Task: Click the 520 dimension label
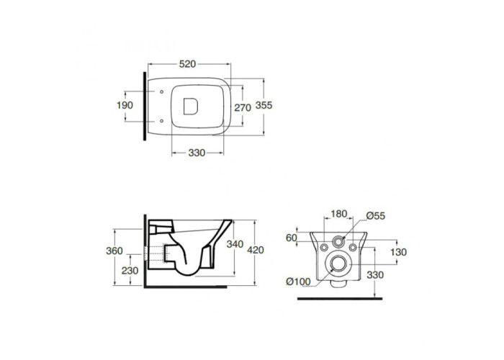(x=187, y=64)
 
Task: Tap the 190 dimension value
(x=125, y=105)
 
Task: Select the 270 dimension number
(x=243, y=108)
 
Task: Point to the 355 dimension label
(x=264, y=105)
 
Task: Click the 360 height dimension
(x=114, y=251)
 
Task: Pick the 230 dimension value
(x=130, y=271)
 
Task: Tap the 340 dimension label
(x=235, y=244)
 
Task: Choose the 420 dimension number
(x=256, y=250)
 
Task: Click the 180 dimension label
(x=339, y=214)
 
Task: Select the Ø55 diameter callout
(x=375, y=216)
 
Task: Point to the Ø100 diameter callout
(x=298, y=282)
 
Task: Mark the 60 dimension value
(x=291, y=238)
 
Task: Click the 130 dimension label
(x=399, y=252)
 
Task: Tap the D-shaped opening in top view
(x=190, y=107)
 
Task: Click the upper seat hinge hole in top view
(x=162, y=92)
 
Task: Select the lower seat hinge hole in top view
(x=162, y=121)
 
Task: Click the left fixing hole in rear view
(x=324, y=247)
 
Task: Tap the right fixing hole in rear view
(x=353, y=247)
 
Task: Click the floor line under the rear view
(x=340, y=299)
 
